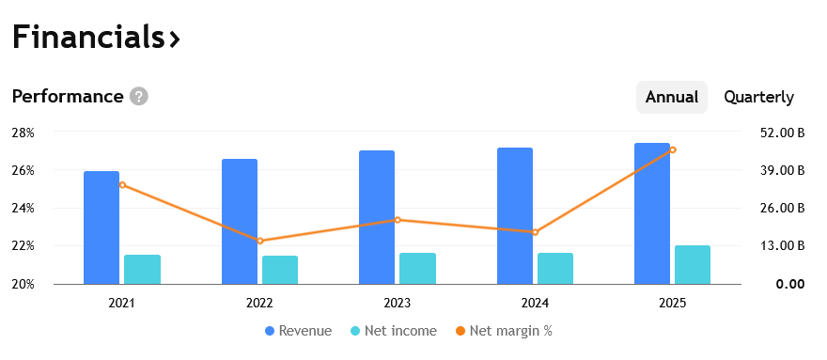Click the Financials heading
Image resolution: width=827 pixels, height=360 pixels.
tap(96, 38)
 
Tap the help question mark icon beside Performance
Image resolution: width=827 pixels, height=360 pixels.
tap(139, 97)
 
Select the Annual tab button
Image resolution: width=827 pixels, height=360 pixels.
tap(671, 97)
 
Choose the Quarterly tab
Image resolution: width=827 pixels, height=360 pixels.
tap(758, 97)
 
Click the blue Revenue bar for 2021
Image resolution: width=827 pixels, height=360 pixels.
tap(101, 227)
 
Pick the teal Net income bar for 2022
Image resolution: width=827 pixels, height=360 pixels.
tap(280, 270)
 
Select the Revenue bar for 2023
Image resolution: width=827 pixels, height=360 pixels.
tap(377, 217)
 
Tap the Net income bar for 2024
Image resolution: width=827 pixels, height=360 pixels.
tap(555, 268)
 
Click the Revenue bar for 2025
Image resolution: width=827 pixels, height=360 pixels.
tap(652, 213)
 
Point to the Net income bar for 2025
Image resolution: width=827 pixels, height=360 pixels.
tap(693, 264)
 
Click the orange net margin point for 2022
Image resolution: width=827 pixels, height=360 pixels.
tap(260, 241)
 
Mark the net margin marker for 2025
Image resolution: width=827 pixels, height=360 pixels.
tap(673, 149)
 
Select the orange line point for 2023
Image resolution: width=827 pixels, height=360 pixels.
tap(398, 220)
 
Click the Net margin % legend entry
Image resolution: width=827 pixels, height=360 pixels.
tap(504, 331)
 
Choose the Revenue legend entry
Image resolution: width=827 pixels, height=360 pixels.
tap(299, 331)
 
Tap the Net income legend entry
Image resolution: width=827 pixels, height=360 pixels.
tap(394, 331)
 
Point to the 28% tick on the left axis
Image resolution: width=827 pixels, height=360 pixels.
tap(23, 133)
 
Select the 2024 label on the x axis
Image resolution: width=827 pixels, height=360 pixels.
tap(535, 303)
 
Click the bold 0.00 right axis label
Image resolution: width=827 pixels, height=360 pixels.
tap(790, 285)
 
